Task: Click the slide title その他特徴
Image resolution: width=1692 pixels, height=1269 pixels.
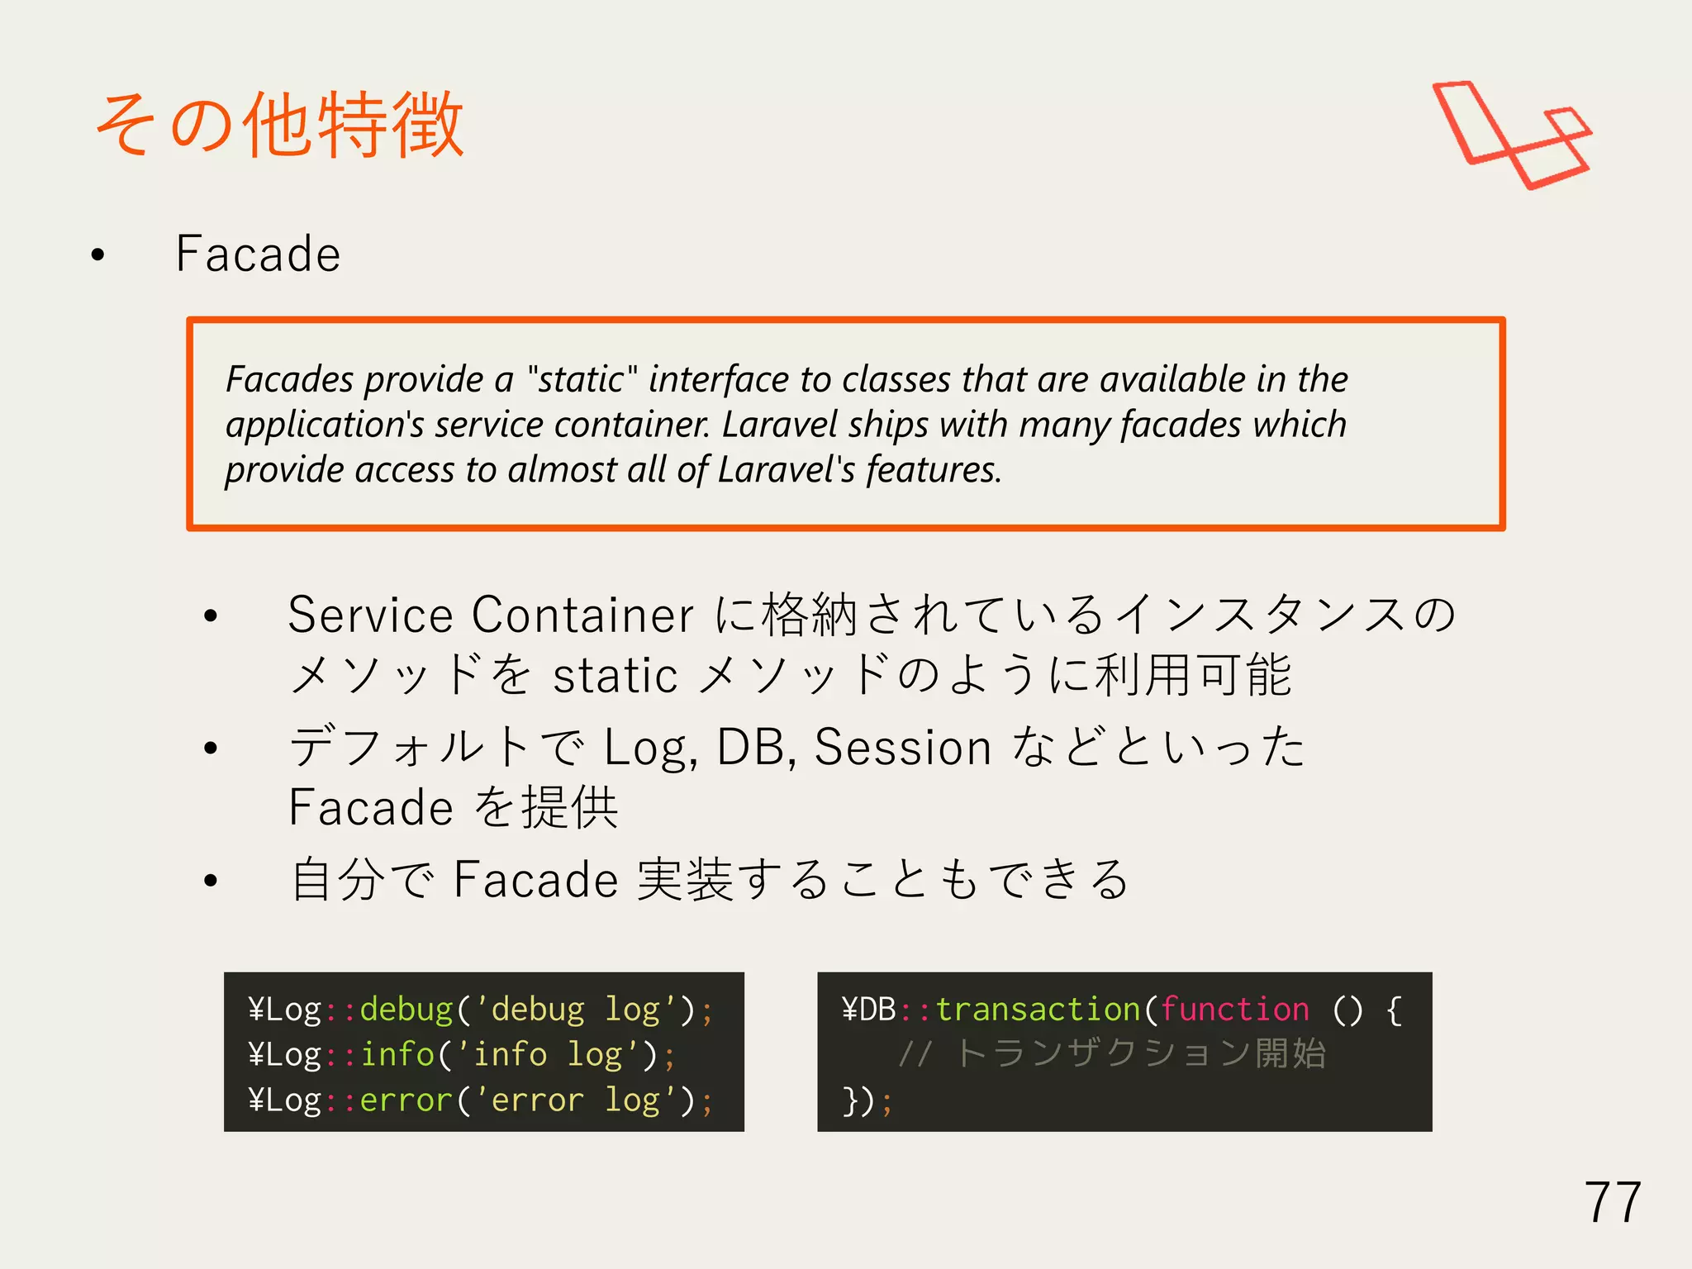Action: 279,126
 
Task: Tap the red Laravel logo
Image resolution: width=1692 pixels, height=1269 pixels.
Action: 1512,134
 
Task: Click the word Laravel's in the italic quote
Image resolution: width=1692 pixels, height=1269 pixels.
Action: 786,469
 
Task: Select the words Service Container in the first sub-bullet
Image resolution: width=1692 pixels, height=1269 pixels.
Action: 490,615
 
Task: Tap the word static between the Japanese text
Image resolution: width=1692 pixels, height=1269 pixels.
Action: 615,675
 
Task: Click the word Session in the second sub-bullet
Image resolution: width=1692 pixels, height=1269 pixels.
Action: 902,747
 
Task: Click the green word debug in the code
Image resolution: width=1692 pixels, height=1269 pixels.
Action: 406,1010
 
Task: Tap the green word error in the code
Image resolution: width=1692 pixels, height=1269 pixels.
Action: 406,1100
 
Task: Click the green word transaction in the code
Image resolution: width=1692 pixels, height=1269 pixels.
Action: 1038,1010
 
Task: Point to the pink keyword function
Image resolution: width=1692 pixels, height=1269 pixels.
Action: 1234,1010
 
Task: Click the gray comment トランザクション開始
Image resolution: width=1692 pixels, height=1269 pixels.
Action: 1139,1054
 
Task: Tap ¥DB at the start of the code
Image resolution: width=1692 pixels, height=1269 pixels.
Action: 868,1010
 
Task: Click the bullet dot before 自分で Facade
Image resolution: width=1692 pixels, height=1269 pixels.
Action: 211,881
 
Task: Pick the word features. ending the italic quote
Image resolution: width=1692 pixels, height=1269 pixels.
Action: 934,469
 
